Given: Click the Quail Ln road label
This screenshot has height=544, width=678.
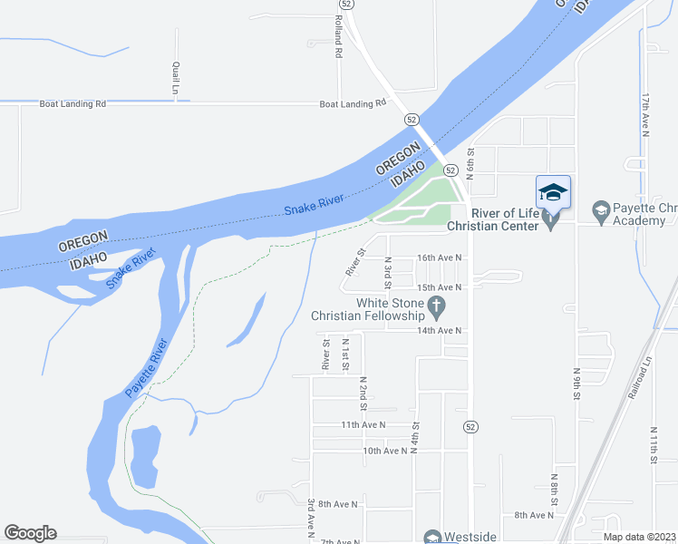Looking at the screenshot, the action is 174,79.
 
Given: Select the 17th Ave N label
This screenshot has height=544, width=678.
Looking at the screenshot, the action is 646,113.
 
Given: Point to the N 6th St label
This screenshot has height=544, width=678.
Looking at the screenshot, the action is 471,164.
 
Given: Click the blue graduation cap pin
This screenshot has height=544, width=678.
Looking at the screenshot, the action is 553,192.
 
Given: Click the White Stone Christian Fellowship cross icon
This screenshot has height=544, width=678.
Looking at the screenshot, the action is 436,307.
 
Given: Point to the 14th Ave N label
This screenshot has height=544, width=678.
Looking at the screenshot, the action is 440,331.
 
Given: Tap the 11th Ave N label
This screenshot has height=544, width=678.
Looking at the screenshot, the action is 363,424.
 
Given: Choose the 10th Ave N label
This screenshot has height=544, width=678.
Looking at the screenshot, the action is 385,450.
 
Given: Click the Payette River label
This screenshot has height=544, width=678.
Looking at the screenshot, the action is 147,367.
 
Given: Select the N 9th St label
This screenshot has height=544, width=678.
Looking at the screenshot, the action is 576,383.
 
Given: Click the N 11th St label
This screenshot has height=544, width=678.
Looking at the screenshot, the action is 654,445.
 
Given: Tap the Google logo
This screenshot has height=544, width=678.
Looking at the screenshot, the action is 30,533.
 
